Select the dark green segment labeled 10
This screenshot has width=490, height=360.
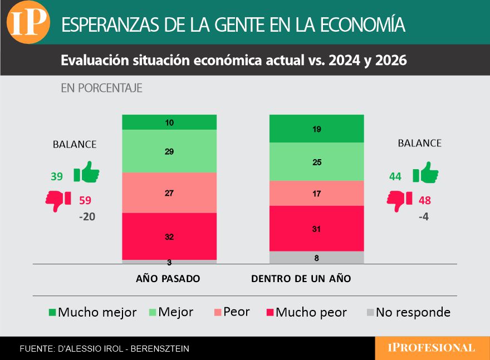click(x=169, y=122)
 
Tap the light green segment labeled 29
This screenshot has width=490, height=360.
click(x=169, y=151)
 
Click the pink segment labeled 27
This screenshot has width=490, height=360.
click(x=169, y=193)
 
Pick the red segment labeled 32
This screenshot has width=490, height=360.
click(x=169, y=236)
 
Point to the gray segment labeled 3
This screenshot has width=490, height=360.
click(x=169, y=262)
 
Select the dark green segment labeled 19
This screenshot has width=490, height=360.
click(x=316, y=129)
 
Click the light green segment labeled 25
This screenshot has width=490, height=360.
click(x=316, y=162)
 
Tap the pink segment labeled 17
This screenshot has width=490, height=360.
click(x=316, y=193)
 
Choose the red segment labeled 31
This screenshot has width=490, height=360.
click(x=316, y=228)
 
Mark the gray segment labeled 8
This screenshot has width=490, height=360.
click(x=316, y=258)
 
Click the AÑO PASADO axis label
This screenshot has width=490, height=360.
click(x=168, y=278)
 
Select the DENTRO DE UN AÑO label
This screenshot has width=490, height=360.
click(x=301, y=278)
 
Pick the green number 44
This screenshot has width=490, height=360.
click(x=395, y=176)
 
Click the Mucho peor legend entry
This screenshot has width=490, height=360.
click(x=305, y=313)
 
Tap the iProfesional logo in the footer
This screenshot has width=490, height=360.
click(x=432, y=348)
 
